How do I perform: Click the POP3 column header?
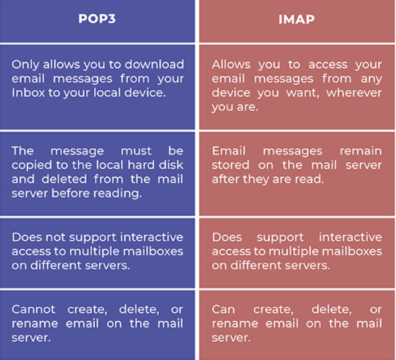(x=97, y=19)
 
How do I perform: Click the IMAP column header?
(x=297, y=19)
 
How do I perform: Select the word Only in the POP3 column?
(x=26, y=65)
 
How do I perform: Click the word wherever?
(x=354, y=93)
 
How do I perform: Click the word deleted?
(x=65, y=179)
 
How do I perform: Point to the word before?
(x=71, y=193)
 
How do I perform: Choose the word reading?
(x=117, y=194)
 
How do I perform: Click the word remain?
(x=361, y=151)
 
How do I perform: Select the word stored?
(x=230, y=165)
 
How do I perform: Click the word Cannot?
(x=33, y=309)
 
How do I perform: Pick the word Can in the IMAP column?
(x=224, y=309)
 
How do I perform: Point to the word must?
(x=136, y=151)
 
